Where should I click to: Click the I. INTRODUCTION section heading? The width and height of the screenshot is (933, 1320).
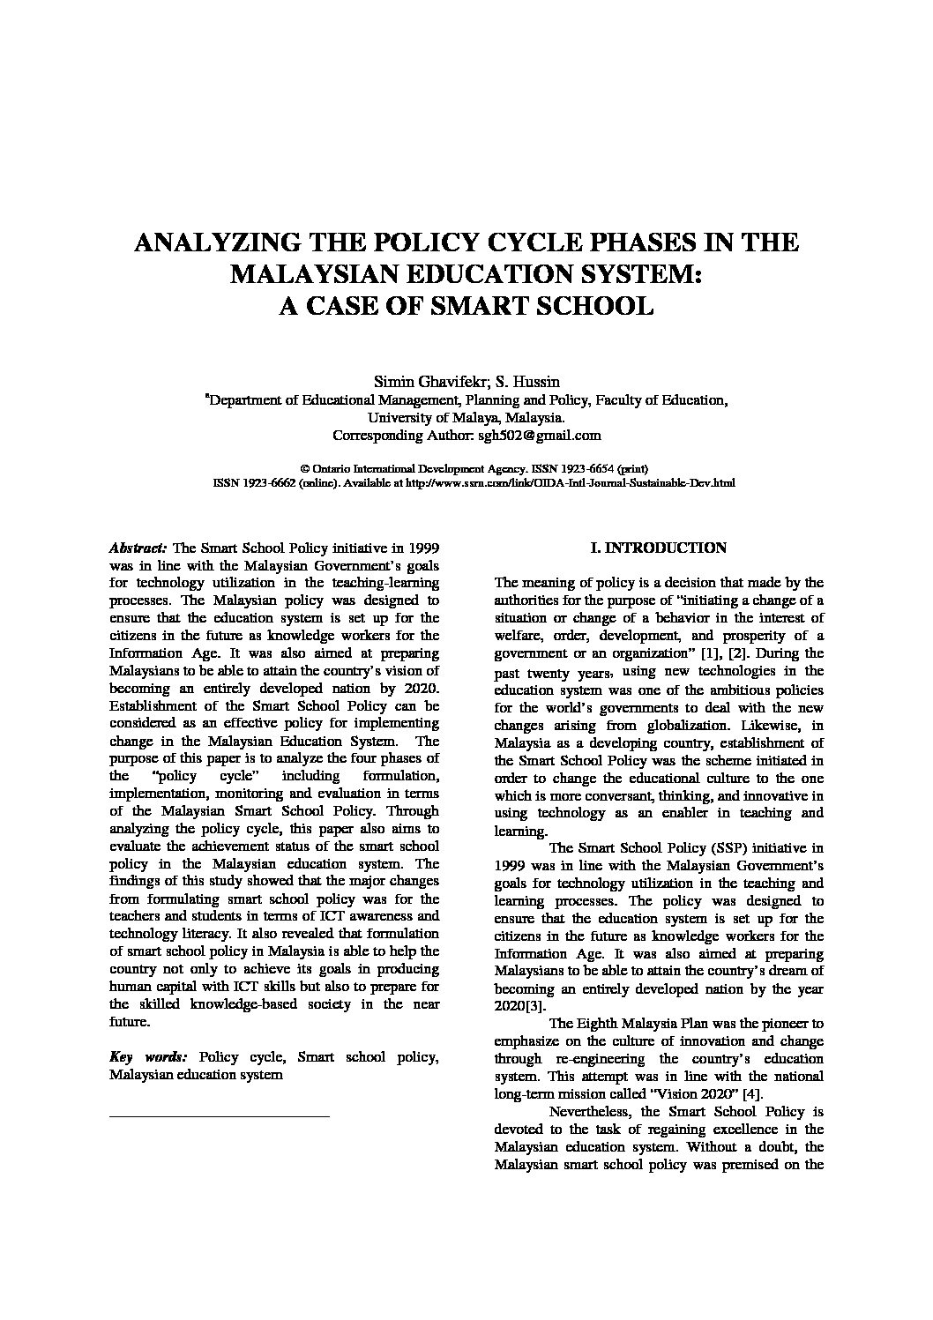pyautogui.click(x=659, y=548)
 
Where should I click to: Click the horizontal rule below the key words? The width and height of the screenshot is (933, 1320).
pyautogui.click(x=219, y=1116)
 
